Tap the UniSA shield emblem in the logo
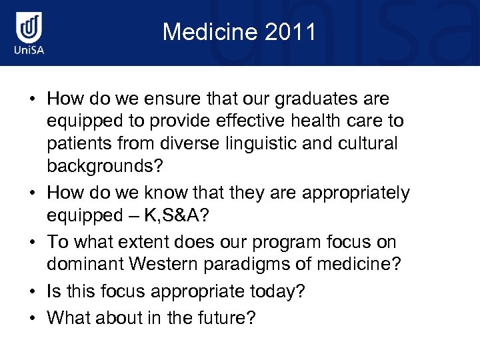tap(29, 28)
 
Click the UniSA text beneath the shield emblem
tap(29, 51)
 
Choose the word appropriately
tap(356, 193)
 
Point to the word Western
tap(163, 265)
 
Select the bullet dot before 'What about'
tap(32, 319)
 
